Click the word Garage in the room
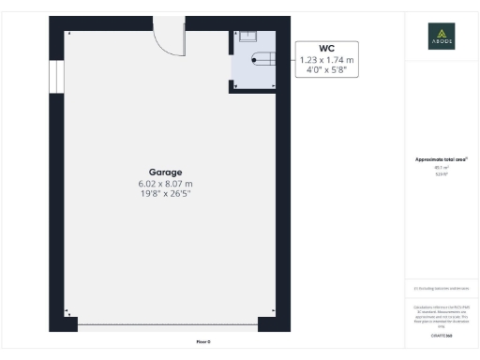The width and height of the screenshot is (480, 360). point(165,172)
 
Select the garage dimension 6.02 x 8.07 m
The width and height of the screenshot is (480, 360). point(165,184)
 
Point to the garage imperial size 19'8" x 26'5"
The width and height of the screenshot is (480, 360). point(165,195)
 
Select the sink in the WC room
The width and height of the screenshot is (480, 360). point(248,37)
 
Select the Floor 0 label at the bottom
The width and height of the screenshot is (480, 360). point(203,341)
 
